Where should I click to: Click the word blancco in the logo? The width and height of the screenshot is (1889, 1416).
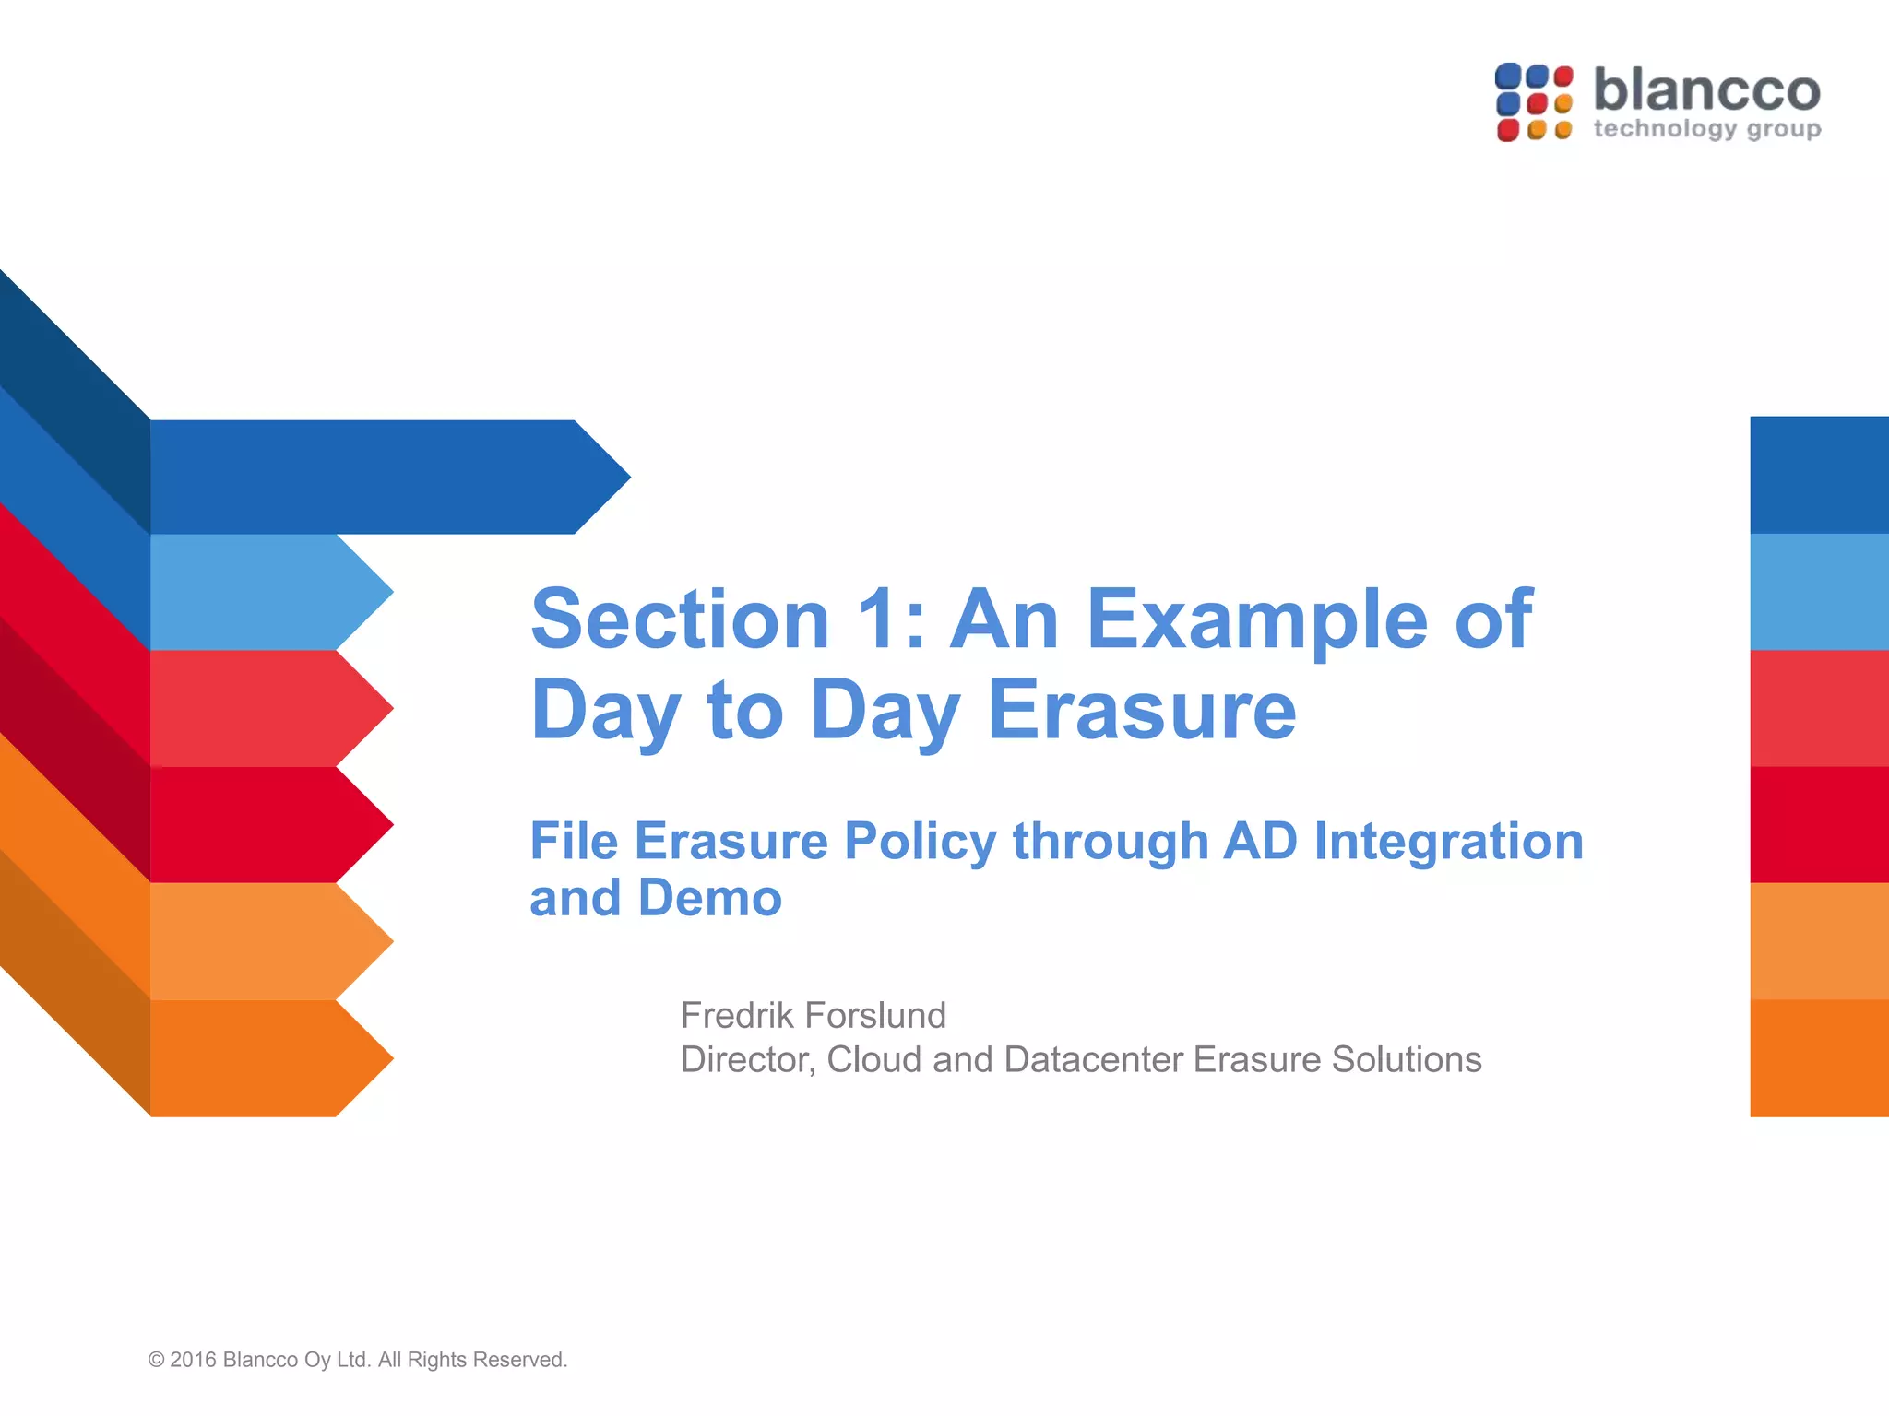pyautogui.click(x=1706, y=90)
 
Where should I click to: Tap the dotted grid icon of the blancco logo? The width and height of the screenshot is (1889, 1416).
pyautogui.click(x=1534, y=102)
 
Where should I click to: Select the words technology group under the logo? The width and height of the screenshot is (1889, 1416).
pyautogui.click(x=1706, y=129)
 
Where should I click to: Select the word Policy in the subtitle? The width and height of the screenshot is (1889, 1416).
pyautogui.click(x=920, y=843)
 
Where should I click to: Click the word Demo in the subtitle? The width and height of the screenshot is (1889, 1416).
pyautogui.click(x=709, y=898)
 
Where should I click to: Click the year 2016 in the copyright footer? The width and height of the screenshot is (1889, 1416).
pyautogui.click(x=193, y=1360)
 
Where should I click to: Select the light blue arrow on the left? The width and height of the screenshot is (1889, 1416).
pyautogui.click(x=267, y=592)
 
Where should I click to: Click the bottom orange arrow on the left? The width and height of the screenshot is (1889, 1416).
pyautogui.click(x=267, y=1058)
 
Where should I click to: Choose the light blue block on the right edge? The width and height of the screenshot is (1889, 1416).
pyautogui.click(x=1819, y=592)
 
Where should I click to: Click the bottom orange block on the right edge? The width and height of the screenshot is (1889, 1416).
pyautogui.click(x=1819, y=1058)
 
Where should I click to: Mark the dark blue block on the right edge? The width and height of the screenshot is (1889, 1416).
pyautogui.click(x=1819, y=475)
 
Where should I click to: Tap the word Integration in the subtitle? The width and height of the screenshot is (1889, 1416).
pyautogui.click(x=1448, y=841)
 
